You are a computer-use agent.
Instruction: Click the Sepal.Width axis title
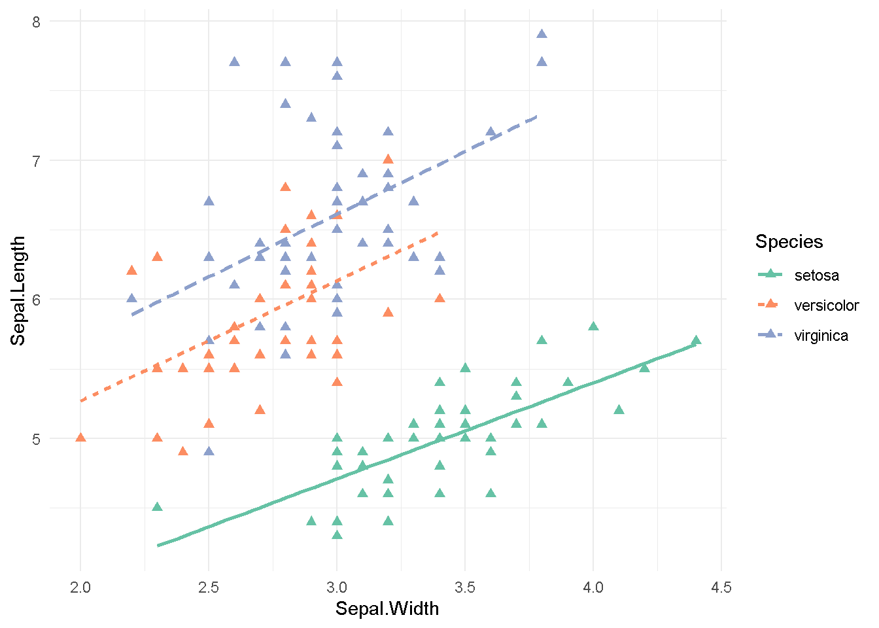[387, 609]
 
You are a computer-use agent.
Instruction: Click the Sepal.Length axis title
[18, 290]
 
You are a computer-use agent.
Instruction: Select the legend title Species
[789, 241]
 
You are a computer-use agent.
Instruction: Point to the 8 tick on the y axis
[36, 22]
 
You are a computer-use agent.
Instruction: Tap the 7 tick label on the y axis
[36, 160]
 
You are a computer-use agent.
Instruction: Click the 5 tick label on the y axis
[36, 438]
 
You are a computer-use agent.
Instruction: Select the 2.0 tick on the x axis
[80, 587]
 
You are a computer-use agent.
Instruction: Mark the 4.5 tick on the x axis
[721, 587]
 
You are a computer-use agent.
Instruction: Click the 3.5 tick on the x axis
[465, 587]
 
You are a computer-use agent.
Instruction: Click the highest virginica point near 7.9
[542, 34]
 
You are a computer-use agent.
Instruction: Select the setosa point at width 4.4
[696, 340]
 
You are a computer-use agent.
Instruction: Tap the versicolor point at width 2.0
[80, 437]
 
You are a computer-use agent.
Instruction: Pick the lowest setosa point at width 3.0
[337, 534]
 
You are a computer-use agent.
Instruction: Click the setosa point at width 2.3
[157, 507]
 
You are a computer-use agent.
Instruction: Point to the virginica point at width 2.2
[131, 298]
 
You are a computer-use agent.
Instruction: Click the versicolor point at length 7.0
[388, 159]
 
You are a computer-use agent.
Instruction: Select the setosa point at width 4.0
[593, 326]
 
